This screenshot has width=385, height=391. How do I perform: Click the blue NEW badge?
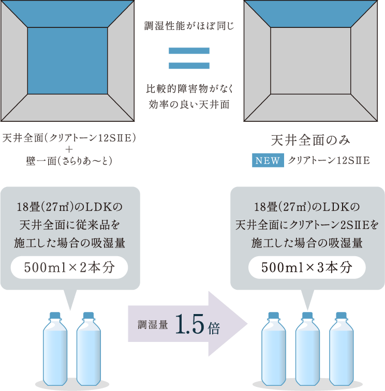(x=267, y=161)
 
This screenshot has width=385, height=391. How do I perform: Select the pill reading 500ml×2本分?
(x=69, y=268)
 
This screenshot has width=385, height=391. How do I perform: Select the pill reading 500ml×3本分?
(x=307, y=268)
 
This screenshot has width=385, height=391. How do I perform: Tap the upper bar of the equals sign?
(x=189, y=51)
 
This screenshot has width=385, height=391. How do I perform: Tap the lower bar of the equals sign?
(x=189, y=66)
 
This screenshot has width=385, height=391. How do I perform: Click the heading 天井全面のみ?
(x=310, y=140)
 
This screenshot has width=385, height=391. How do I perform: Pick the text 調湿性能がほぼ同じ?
(x=188, y=24)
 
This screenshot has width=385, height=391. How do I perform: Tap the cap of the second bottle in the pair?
(x=88, y=315)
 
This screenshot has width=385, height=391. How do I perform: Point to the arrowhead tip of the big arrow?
(x=247, y=324)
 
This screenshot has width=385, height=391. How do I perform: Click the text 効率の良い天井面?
(x=188, y=103)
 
